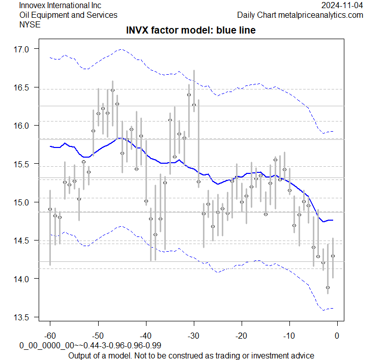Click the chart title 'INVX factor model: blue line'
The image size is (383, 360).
coord(191,31)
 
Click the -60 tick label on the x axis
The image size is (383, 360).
coord(50,335)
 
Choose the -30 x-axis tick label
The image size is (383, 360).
coord(193,335)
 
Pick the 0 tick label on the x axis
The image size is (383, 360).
coord(337,335)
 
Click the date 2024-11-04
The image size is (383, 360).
coord(342,5)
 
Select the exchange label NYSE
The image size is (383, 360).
coord(28,24)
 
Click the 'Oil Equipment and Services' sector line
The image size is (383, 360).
coord(68,15)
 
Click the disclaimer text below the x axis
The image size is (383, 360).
coord(191,355)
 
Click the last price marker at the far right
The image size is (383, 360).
coord(333,256)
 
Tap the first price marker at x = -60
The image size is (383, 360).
coord(50,209)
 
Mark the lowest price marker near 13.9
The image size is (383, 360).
coord(328,288)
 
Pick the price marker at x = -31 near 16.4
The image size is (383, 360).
coord(189,95)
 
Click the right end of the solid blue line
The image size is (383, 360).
coord(333,220)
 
